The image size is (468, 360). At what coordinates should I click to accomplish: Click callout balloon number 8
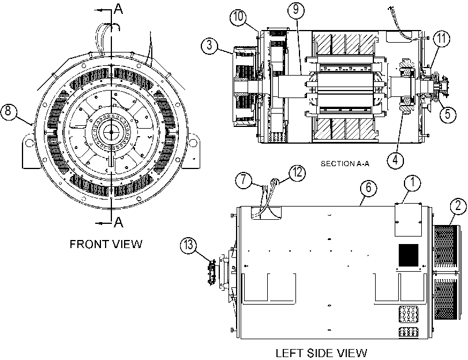[8, 111]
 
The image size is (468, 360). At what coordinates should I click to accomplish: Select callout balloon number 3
[209, 46]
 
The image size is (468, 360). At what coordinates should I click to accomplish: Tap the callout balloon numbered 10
[238, 17]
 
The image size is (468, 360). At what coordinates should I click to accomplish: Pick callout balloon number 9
[296, 10]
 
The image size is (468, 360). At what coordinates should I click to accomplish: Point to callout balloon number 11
[441, 39]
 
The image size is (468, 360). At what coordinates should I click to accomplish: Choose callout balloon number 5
[448, 114]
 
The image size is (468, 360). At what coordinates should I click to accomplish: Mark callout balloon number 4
[395, 160]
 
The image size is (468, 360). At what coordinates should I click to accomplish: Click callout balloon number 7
[244, 180]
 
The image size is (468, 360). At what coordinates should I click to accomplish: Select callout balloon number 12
[297, 173]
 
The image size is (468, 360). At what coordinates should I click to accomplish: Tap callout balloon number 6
[369, 187]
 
